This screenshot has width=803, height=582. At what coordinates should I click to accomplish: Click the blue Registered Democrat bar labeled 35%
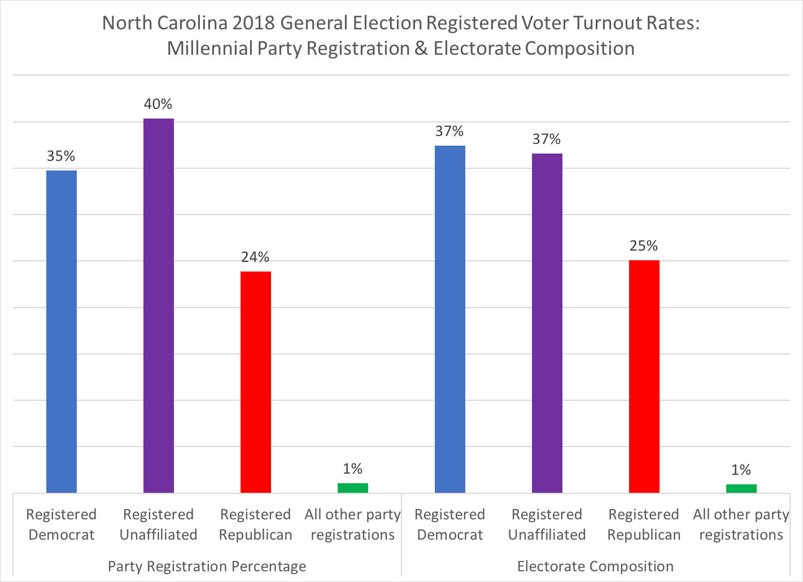(62, 331)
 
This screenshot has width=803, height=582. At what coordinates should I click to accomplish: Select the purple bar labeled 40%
(159, 305)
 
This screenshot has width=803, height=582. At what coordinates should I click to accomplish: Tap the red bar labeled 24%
(256, 382)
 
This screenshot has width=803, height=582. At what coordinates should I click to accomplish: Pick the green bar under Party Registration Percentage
(353, 488)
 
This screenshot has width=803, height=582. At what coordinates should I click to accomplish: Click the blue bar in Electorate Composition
(450, 319)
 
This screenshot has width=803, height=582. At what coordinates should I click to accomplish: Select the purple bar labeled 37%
(547, 323)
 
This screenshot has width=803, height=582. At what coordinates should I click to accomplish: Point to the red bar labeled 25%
(644, 377)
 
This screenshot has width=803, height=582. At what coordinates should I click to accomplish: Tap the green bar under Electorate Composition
(741, 488)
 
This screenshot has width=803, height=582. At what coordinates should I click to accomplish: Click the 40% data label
(158, 104)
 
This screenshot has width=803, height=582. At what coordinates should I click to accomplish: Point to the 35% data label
(61, 156)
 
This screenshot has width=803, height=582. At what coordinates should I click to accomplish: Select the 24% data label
(255, 257)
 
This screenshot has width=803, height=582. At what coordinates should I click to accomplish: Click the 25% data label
(644, 246)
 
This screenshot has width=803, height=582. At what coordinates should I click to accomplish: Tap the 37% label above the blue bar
(449, 132)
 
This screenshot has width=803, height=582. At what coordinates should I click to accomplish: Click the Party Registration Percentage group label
(207, 566)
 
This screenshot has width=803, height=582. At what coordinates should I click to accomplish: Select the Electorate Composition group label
(595, 566)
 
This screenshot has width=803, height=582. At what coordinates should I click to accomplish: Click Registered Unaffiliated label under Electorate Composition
(547, 524)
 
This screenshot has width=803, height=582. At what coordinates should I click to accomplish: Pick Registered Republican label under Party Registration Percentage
(255, 524)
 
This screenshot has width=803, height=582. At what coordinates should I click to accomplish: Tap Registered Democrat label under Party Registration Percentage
(62, 524)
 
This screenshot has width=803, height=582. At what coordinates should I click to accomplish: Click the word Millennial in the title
(210, 49)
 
